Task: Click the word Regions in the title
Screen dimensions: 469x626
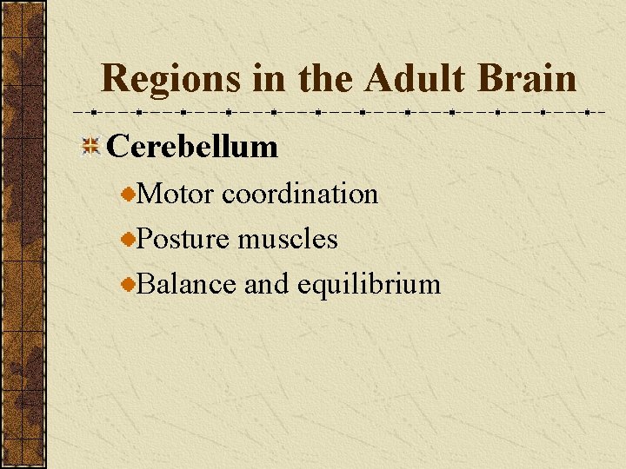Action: (x=170, y=79)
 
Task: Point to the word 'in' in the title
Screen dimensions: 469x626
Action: (x=270, y=79)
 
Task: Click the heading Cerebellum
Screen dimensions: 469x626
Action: (x=192, y=147)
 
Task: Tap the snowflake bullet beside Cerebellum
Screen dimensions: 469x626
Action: (x=90, y=147)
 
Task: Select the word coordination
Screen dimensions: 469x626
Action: (x=300, y=194)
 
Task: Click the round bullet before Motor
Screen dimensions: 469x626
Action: (x=129, y=195)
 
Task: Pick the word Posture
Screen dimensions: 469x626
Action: (x=184, y=239)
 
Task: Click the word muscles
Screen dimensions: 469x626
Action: (x=288, y=239)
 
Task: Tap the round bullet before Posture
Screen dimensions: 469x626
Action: (x=129, y=241)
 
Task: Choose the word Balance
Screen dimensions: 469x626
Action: (x=186, y=284)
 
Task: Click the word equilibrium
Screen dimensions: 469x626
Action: (x=369, y=284)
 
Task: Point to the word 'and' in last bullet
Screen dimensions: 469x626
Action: (x=266, y=284)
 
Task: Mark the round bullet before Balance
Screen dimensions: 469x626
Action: (x=129, y=286)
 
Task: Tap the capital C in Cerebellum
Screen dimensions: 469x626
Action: (x=117, y=147)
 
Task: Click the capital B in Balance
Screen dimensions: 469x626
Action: (x=145, y=284)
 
